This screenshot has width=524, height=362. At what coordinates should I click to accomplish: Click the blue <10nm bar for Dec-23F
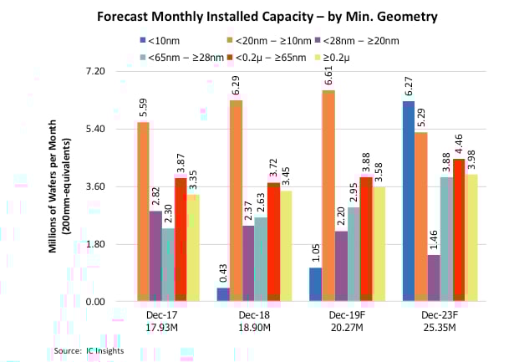[409, 201]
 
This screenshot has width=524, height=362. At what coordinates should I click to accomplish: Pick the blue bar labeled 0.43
[223, 294]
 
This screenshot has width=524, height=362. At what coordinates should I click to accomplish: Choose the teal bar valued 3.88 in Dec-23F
[446, 239]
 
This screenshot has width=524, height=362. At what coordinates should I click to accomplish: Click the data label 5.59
[143, 108]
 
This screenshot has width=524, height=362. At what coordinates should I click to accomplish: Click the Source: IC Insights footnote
[88, 349]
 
